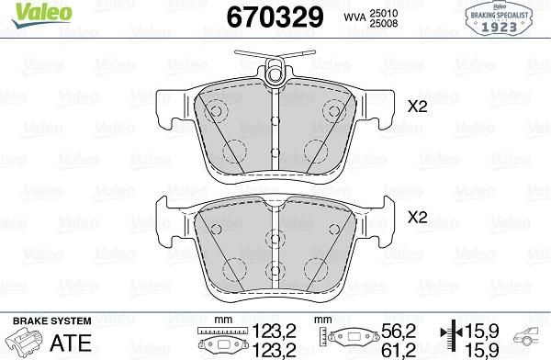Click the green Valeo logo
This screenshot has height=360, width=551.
click(x=41, y=15)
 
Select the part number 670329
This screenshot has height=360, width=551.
click(x=275, y=17)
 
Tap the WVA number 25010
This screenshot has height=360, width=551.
click(x=383, y=14)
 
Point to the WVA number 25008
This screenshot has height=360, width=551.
click(x=383, y=23)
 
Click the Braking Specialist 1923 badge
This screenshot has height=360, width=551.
click(x=499, y=18)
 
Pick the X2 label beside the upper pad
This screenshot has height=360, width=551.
click(x=417, y=107)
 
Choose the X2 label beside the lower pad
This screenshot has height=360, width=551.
click(x=417, y=218)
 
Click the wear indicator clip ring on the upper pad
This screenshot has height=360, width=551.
click(x=275, y=74)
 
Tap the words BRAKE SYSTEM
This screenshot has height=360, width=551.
click(x=52, y=321)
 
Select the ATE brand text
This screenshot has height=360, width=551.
click(x=71, y=343)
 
